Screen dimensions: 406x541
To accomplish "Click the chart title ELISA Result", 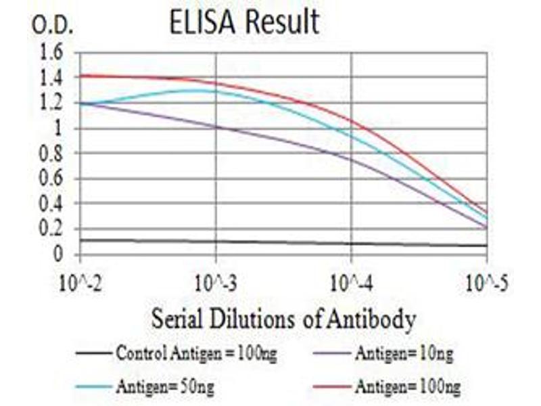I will coord(244,23).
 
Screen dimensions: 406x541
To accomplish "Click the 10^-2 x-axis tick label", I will coord(80,281).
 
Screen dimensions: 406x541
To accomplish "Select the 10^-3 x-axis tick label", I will coord(216,281).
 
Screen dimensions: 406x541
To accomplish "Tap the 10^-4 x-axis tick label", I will coord(352,281).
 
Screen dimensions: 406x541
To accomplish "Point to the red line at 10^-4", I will coord(352,121).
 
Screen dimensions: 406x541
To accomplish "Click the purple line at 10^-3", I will coord(216,127).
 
